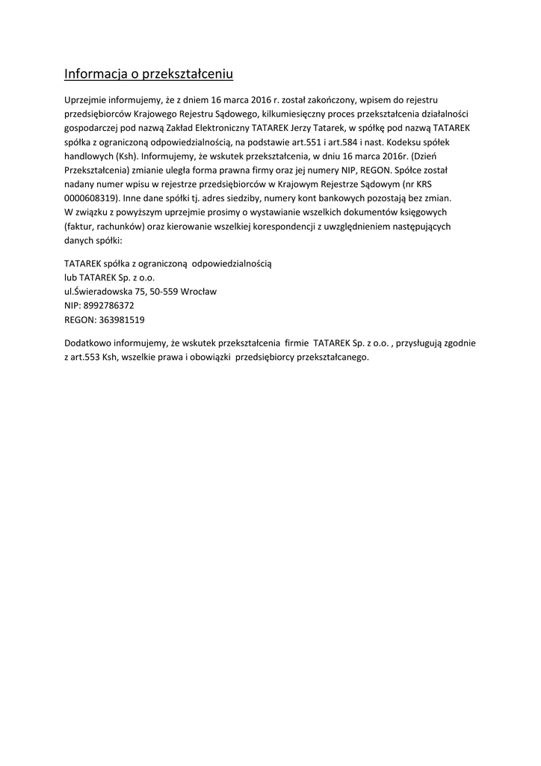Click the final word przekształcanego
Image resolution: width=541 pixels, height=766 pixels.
point(333,357)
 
